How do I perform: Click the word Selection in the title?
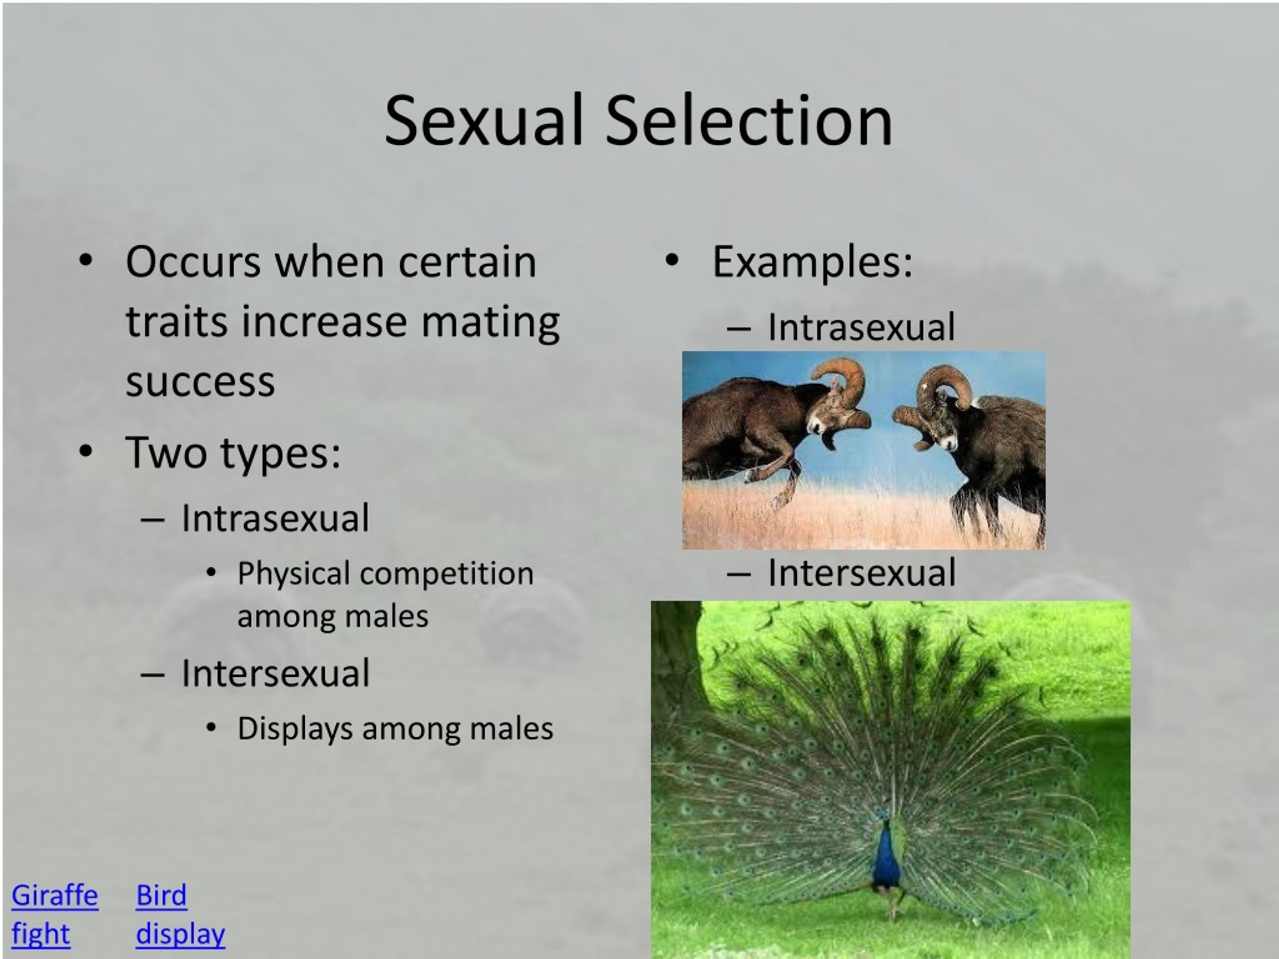pos(748,121)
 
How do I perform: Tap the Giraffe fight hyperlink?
pos(54,915)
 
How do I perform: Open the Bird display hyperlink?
pos(179,915)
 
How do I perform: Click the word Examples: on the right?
pos(812,262)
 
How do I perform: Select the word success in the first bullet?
pos(200,382)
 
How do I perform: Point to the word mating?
pos(490,322)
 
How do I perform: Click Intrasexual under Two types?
pos(275,518)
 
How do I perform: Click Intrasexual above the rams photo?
pos(861,327)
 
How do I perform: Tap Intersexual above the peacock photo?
pos(861,573)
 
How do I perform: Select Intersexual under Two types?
pos(275,673)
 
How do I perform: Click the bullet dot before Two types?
pos(85,452)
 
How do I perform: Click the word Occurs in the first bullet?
pos(193,262)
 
